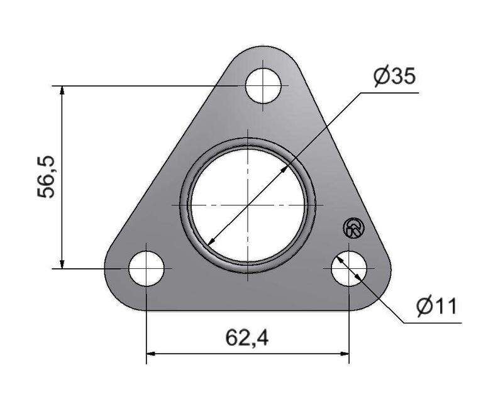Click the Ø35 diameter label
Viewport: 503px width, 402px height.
click(395, 77)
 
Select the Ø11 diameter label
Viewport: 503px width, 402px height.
click(436, 306)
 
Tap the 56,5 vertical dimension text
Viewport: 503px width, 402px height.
click(46, 177)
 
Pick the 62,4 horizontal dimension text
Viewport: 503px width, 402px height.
click(247, 338)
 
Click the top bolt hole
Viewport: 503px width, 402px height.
click(263, 85)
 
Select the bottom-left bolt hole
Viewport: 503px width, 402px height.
click(146, 269)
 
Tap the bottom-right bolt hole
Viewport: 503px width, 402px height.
click(349, 269)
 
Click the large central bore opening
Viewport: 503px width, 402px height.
click(248, 205)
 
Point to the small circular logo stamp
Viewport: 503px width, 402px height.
click(354, 228)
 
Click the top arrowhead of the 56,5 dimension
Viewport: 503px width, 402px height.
click(62, 90)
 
